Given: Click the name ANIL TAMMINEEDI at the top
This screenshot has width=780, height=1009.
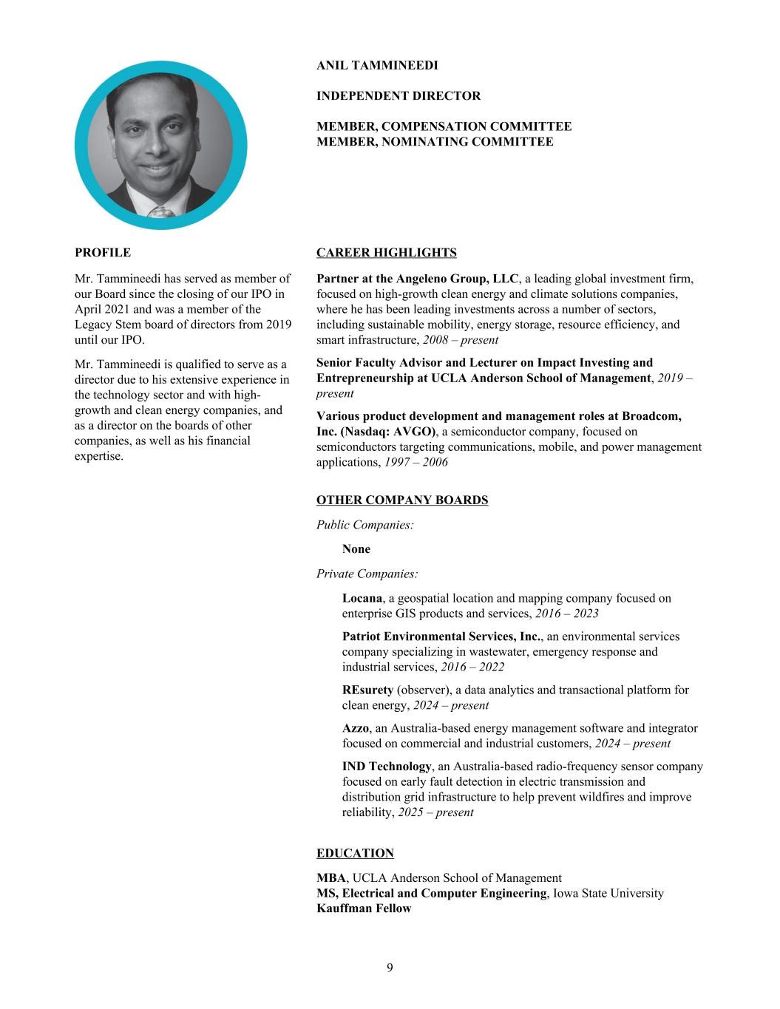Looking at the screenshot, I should coord(377,66).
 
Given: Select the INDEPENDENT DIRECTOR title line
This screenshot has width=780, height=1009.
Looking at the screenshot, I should coord(399,96).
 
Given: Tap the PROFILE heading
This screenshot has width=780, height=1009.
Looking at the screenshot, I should coord(103,253).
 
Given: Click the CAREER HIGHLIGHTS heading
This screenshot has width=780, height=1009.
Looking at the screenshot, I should coord(386,253).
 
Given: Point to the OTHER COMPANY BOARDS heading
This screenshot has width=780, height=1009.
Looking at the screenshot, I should coord(402,500).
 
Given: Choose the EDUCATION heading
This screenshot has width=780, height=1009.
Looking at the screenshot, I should coord(355,853).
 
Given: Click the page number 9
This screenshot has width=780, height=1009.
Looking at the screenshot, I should coord(390,968).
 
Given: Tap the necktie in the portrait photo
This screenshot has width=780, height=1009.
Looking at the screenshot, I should coord(161,213).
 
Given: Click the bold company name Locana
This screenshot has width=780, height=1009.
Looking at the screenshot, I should coord(362,598).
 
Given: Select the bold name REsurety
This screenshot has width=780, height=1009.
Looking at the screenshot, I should coord(367,690).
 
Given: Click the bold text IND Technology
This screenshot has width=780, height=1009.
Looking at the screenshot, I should coord(386,767).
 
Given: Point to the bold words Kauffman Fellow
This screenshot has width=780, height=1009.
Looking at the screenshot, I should coord(364,908).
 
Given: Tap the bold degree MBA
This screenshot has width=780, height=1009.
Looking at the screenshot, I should coord(331,878).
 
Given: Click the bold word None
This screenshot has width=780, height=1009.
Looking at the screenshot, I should coord(356,549).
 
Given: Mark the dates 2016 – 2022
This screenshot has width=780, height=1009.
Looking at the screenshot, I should coord(472,667).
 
